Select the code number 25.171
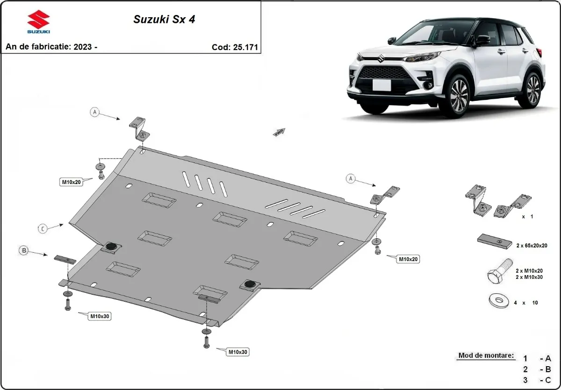(x=245, y=47)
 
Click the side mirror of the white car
(x=481, y=41)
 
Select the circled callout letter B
(x=24, y=251)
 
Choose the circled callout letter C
(x=43, y=228)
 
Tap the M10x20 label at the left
(x=71, y=182)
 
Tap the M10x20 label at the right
(x=408, y=258)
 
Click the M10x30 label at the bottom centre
(x=238, y=352)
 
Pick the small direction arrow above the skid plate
(x=279, y=132)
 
